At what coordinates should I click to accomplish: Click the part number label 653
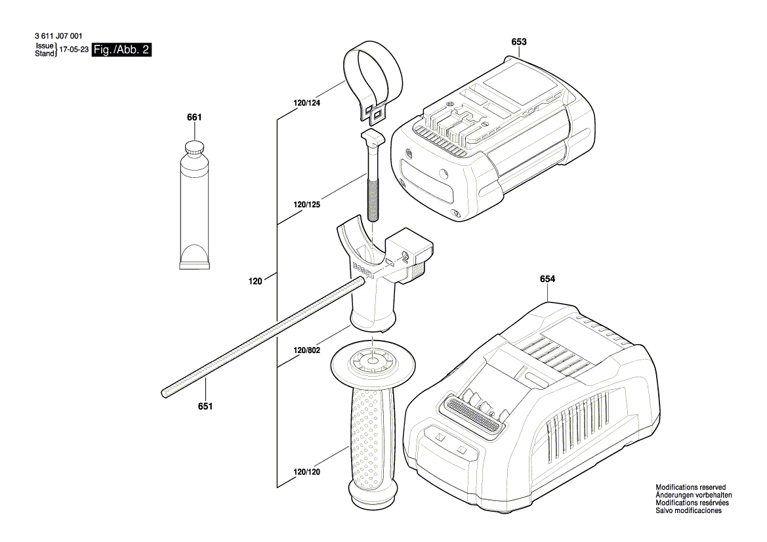pos(519,41)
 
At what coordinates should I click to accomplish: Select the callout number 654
pos(547,279)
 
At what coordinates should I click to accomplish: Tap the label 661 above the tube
pos(194,117)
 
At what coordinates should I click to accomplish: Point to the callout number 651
pos(205,406)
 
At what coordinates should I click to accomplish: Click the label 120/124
pos(306,103)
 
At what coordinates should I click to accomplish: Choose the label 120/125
pos(306,205)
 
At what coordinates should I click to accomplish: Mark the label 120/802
pos(306,350)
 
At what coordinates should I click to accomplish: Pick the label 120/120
pos(306,472)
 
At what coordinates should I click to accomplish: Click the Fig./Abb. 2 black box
pos(122,49)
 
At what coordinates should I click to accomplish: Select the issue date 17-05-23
pos(74,50)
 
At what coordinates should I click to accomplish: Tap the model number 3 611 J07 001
pos(58,36)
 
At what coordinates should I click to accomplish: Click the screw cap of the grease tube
pos(195,148)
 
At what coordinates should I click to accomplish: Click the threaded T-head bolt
pos(373,176)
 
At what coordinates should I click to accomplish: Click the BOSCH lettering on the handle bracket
pos(362,271)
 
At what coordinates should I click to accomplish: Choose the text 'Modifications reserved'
pos(691,488)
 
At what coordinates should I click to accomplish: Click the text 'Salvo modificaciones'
pos(688,511)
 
